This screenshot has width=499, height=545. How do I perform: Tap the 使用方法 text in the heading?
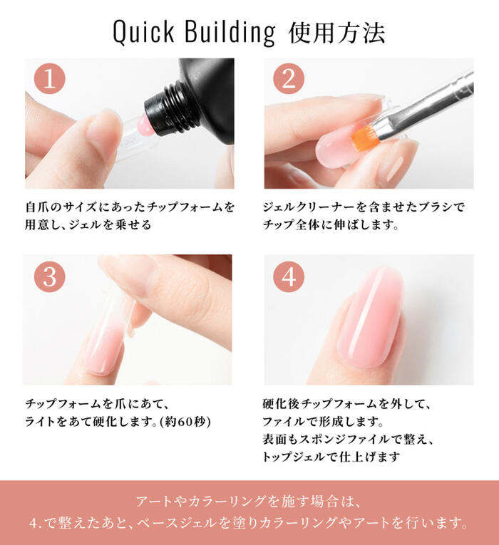[x=337, y=32]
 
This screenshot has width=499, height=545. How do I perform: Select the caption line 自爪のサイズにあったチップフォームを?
[x=129, y=207]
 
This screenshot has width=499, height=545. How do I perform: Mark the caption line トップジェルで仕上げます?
[x=330, y=456]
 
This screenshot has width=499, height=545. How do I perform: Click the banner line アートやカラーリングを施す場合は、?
[x=249, y=500]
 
